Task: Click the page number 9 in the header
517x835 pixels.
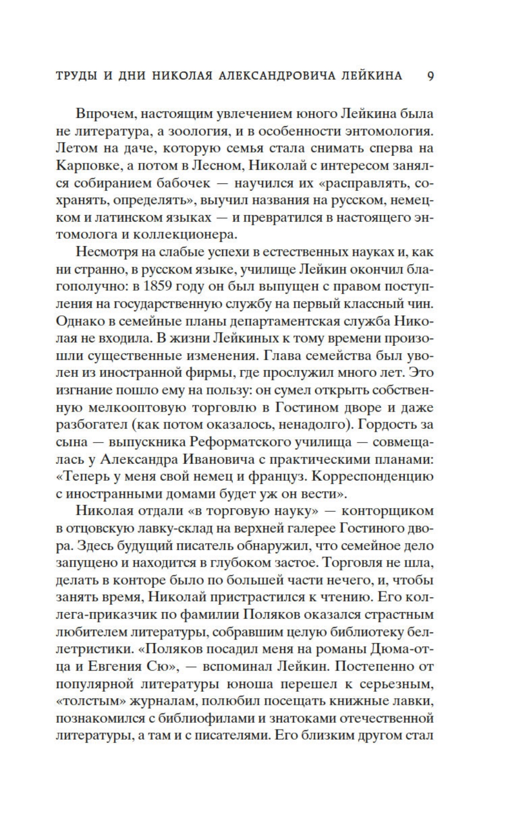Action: coord(431,75)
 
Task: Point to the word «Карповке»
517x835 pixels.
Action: coord(87,166)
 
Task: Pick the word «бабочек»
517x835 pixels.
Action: coord(187,183)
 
